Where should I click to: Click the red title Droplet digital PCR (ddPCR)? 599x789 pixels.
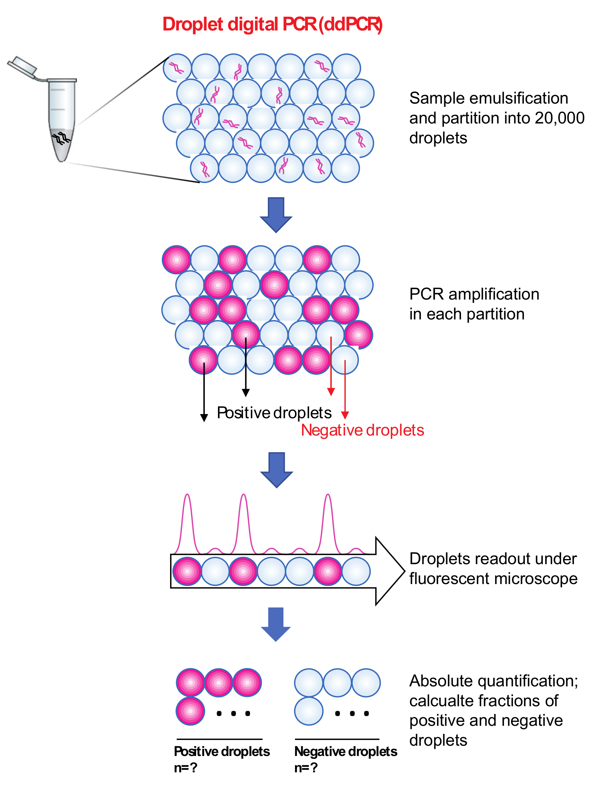[272, 24]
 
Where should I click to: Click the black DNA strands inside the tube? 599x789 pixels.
[61, 138]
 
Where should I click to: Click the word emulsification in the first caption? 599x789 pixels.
[519, 98]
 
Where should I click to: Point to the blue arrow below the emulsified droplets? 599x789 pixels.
[276, 214]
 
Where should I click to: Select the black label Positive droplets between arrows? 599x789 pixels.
[274, 413]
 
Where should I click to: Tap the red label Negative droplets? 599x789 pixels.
[362, 430]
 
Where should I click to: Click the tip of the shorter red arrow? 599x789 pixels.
[331, 392]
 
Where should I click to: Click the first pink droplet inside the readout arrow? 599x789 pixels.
[187, 572]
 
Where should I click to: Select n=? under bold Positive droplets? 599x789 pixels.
[185, 768]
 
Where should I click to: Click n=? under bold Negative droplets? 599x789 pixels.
[306, 768]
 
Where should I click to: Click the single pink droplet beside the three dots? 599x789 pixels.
[190, 711]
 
